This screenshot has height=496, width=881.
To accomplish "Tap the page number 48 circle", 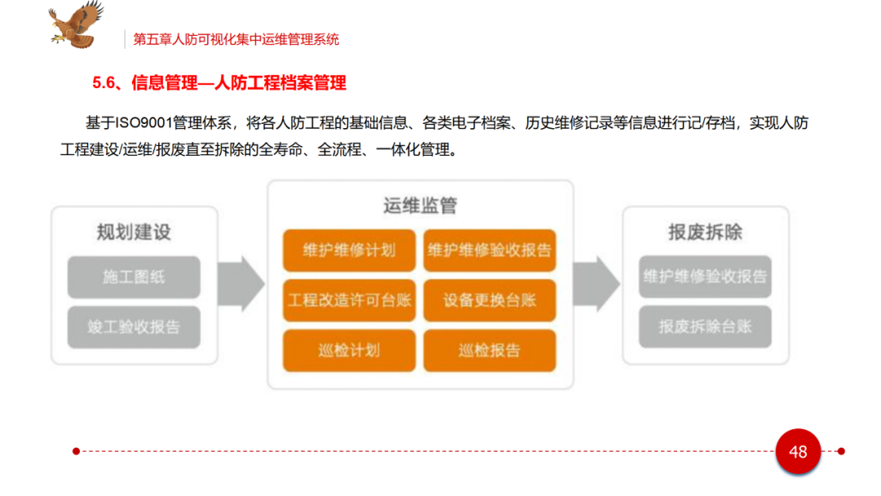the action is (x=797, y=451).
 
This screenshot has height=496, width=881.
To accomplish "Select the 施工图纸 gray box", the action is (x=134, y=277).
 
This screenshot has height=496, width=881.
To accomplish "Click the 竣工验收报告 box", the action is (x=134, y=327).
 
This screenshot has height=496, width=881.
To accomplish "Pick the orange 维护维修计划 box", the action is (x=349, y=250).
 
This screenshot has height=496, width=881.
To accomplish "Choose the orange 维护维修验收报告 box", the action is (x=489, y=250).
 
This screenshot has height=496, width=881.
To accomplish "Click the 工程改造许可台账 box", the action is (x=349, y=300).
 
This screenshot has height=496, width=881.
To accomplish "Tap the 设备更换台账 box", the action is (x=489, y=300).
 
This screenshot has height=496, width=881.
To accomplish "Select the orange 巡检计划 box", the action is (x=349, y=351).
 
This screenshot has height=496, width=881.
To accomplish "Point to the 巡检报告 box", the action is (x=489, y=351).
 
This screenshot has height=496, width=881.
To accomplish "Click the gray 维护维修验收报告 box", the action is (x=705, y=277).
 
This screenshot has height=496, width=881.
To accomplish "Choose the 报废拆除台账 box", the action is (x=705, y=327).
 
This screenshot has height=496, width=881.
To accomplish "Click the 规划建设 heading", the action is (x=134, y=232).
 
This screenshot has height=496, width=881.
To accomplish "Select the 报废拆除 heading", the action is (x=705, y=232).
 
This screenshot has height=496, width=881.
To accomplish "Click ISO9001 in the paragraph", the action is (x=142, y=123).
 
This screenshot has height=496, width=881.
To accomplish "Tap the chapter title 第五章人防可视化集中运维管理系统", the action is (x=236, y=39).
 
